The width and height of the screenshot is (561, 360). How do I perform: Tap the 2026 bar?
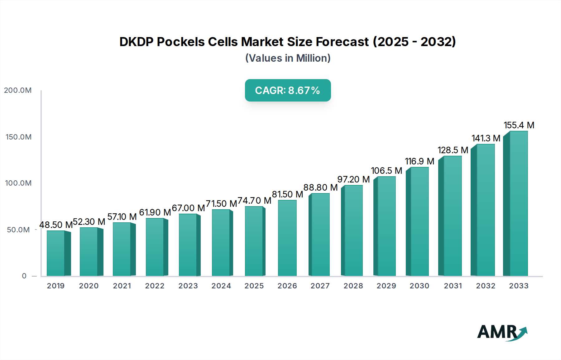(x=287, y=238)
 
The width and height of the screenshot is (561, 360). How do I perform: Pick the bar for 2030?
(x=419, y=221)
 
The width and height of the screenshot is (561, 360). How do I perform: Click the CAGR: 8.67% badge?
(x=288, y=90)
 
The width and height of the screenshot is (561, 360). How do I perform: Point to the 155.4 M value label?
(x=519, y=125)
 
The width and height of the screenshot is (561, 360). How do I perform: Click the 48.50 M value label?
(x=56, y=225)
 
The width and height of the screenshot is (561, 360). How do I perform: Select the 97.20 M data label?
(x=353, y=179)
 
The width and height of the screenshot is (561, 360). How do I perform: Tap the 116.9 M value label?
(x=420, y=161)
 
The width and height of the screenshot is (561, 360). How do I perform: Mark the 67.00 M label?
(x=188, y=208)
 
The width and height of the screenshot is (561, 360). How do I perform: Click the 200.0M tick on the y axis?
(x=18, y=90)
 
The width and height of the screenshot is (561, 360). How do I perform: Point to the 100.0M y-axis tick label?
(x=18, y=183)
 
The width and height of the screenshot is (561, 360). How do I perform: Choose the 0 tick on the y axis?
(x=24, y=276)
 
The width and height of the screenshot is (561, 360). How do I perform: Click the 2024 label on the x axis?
(x=221, y=286)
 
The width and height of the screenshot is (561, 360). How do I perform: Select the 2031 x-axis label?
(x=453, y=286)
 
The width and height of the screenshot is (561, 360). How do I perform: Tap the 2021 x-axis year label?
(x=122, y=286)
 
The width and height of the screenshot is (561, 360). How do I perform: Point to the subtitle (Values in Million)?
(x=288, y=58)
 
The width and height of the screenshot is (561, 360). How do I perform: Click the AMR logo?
(x=502, y=332)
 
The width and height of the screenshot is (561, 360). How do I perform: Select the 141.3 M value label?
(x=486, y=138)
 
